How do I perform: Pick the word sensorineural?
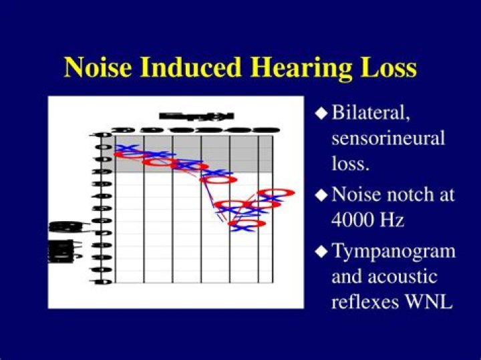click(388, 139)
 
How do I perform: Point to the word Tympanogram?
click(393, 252)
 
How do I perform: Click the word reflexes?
click(366, 301)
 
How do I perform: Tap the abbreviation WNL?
click(429, 301)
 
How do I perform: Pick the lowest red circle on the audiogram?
click(247, 223)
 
